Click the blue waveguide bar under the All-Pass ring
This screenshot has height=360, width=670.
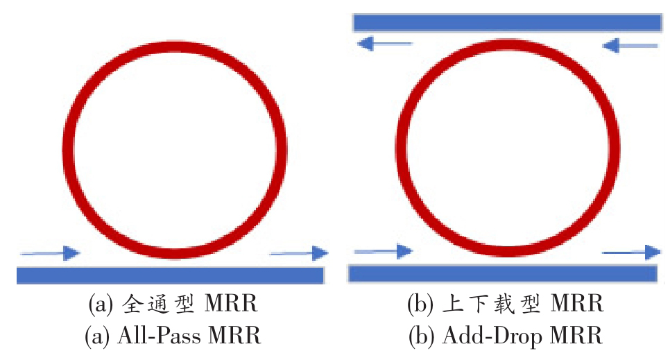pyautogui.click(x=170, y=275)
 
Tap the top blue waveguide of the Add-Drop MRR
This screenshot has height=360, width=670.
pyautogui.click(x=506, y=23)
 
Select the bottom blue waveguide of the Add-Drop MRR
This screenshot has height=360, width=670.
pyautogui.click(x=502, y=273)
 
